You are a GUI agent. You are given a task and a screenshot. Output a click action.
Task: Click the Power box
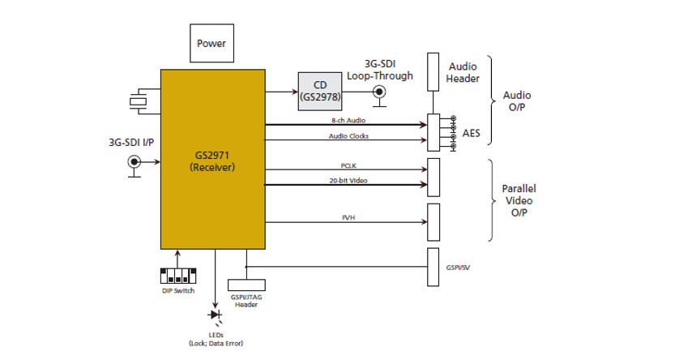coord(211,43)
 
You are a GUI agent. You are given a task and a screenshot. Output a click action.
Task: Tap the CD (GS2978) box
coord(320,91)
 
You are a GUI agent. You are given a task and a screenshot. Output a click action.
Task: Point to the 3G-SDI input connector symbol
coord(134,162)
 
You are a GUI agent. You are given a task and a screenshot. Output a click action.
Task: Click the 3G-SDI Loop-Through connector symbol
coord(378,92)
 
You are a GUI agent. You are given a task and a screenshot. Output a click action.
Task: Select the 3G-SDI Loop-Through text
coord(380,70)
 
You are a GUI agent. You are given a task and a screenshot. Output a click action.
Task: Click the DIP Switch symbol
coord(178,276)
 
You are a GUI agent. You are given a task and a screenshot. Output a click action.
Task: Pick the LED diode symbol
coord(215,315)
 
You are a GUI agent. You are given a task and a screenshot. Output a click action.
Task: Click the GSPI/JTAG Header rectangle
coord(246,285)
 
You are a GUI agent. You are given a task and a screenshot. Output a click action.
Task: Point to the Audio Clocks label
coord(348,136)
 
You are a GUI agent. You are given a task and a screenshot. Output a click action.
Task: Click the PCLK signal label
coord(349,165)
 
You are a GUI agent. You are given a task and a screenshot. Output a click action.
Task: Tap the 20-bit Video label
coord(349,180)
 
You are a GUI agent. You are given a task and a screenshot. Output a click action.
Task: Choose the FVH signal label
coord(349,217)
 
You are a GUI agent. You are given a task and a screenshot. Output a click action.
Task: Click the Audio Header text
coord(463,72)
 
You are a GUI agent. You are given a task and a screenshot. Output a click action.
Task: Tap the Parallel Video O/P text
coord(519,200)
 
